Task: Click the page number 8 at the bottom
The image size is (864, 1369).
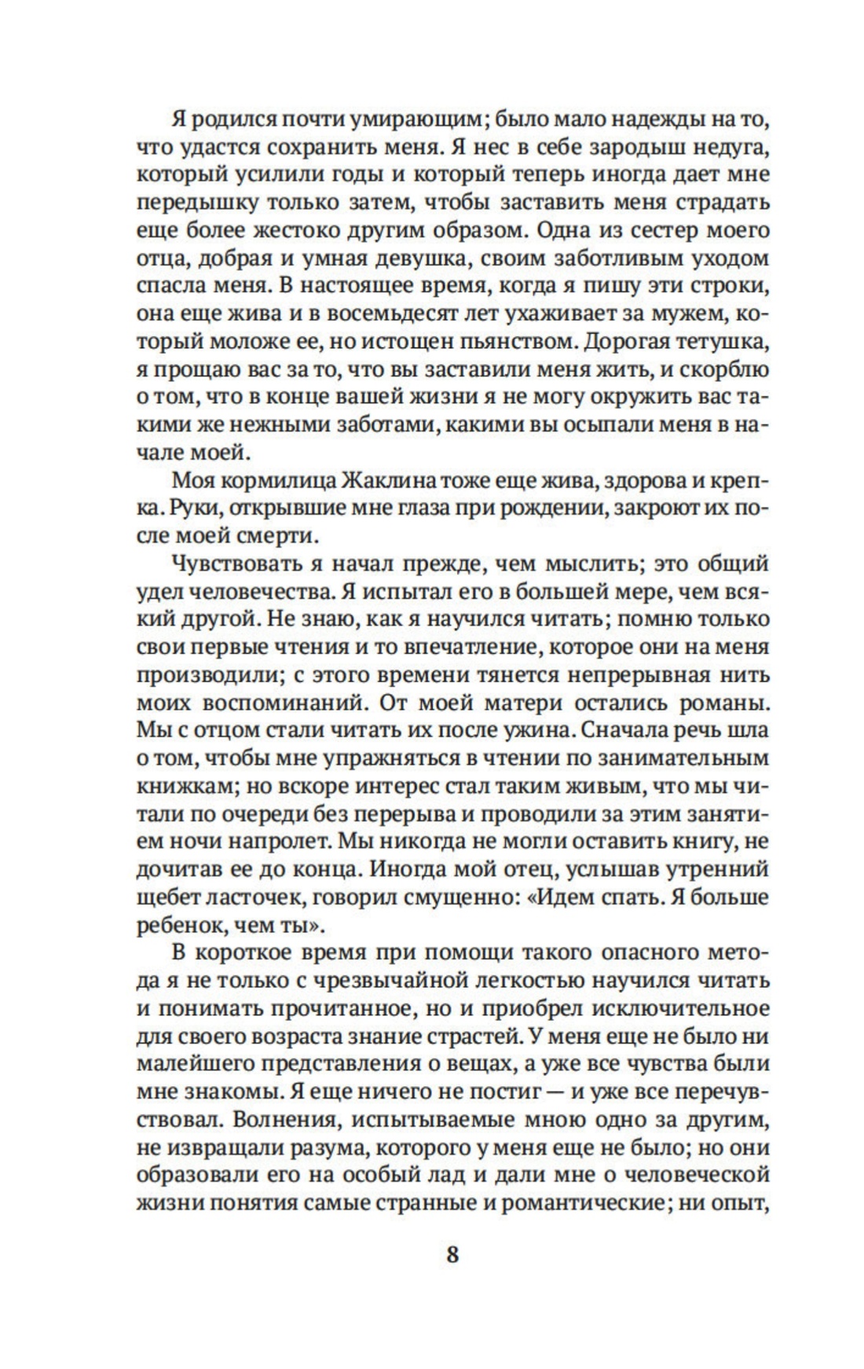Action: (x=452, y=1253)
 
